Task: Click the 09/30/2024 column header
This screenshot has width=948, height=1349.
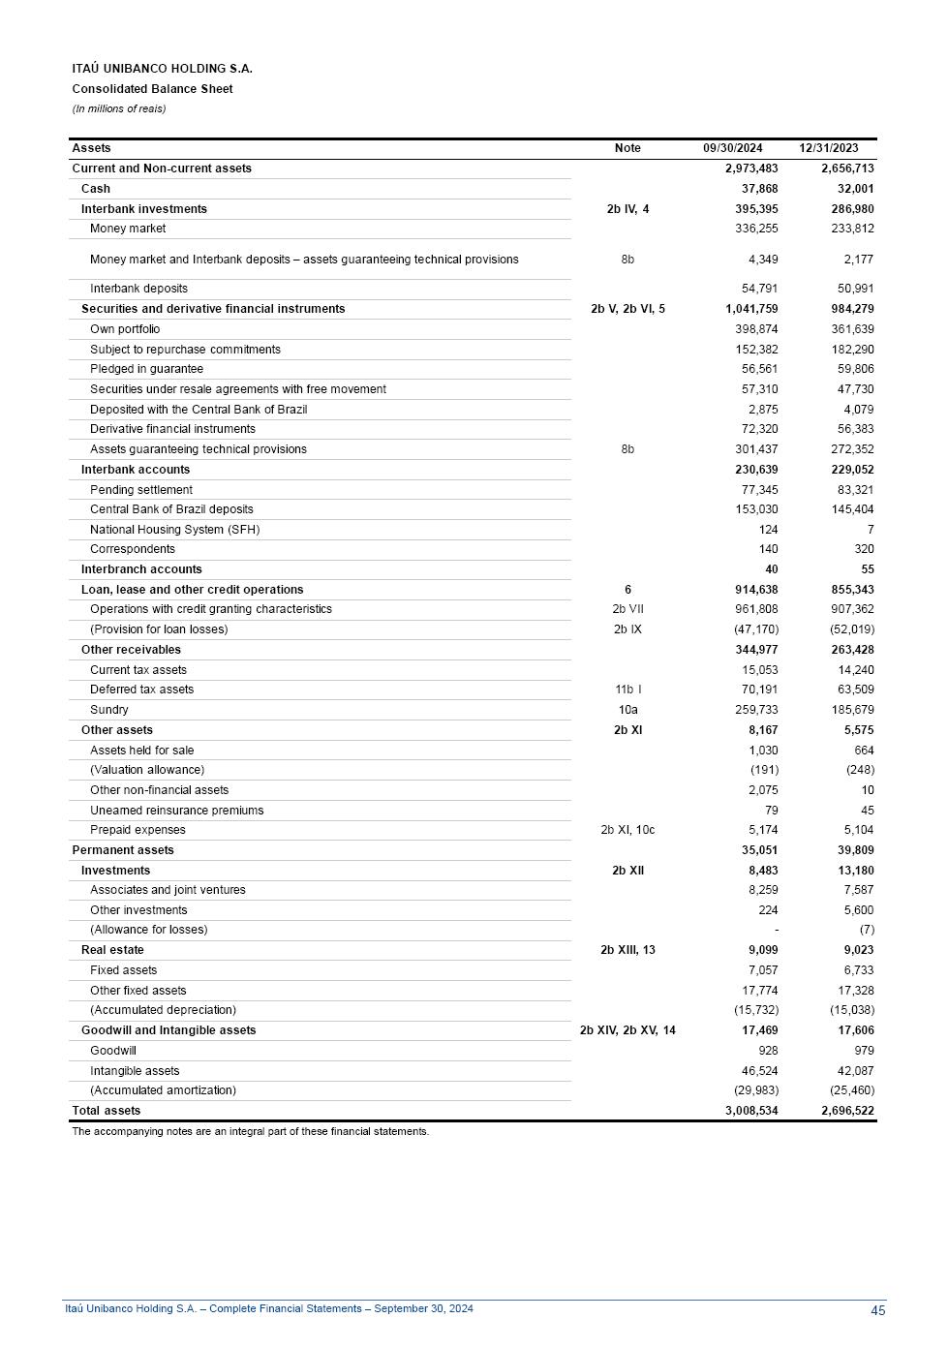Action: pos(732,148)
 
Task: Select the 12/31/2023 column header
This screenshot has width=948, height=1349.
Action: pos(828,148)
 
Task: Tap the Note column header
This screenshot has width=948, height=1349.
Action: pos(627,148)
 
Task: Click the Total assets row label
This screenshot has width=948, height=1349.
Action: pos(107,1111)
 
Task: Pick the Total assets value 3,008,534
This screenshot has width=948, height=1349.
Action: pos(751,1111)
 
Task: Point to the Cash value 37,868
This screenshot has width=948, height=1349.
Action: pos(759,189)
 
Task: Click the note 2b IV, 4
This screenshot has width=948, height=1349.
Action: pos(627,209)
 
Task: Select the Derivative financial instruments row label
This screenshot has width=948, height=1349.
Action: pos(172,429)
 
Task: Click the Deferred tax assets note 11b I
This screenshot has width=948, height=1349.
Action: pos(627,690)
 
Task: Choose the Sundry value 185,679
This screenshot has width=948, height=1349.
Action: pos(852,710)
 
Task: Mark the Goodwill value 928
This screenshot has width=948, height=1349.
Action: pos(768,1051)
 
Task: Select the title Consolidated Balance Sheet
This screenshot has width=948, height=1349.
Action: pos(152,89)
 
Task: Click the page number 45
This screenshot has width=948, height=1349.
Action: pos(877,1310)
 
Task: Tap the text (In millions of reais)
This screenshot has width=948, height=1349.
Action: pos(118,108)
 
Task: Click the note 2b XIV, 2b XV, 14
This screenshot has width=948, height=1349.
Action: pos(627,1030)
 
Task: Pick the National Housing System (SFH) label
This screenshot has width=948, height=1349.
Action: pos(174,530)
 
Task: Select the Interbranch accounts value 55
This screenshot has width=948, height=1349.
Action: pos(867,569)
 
